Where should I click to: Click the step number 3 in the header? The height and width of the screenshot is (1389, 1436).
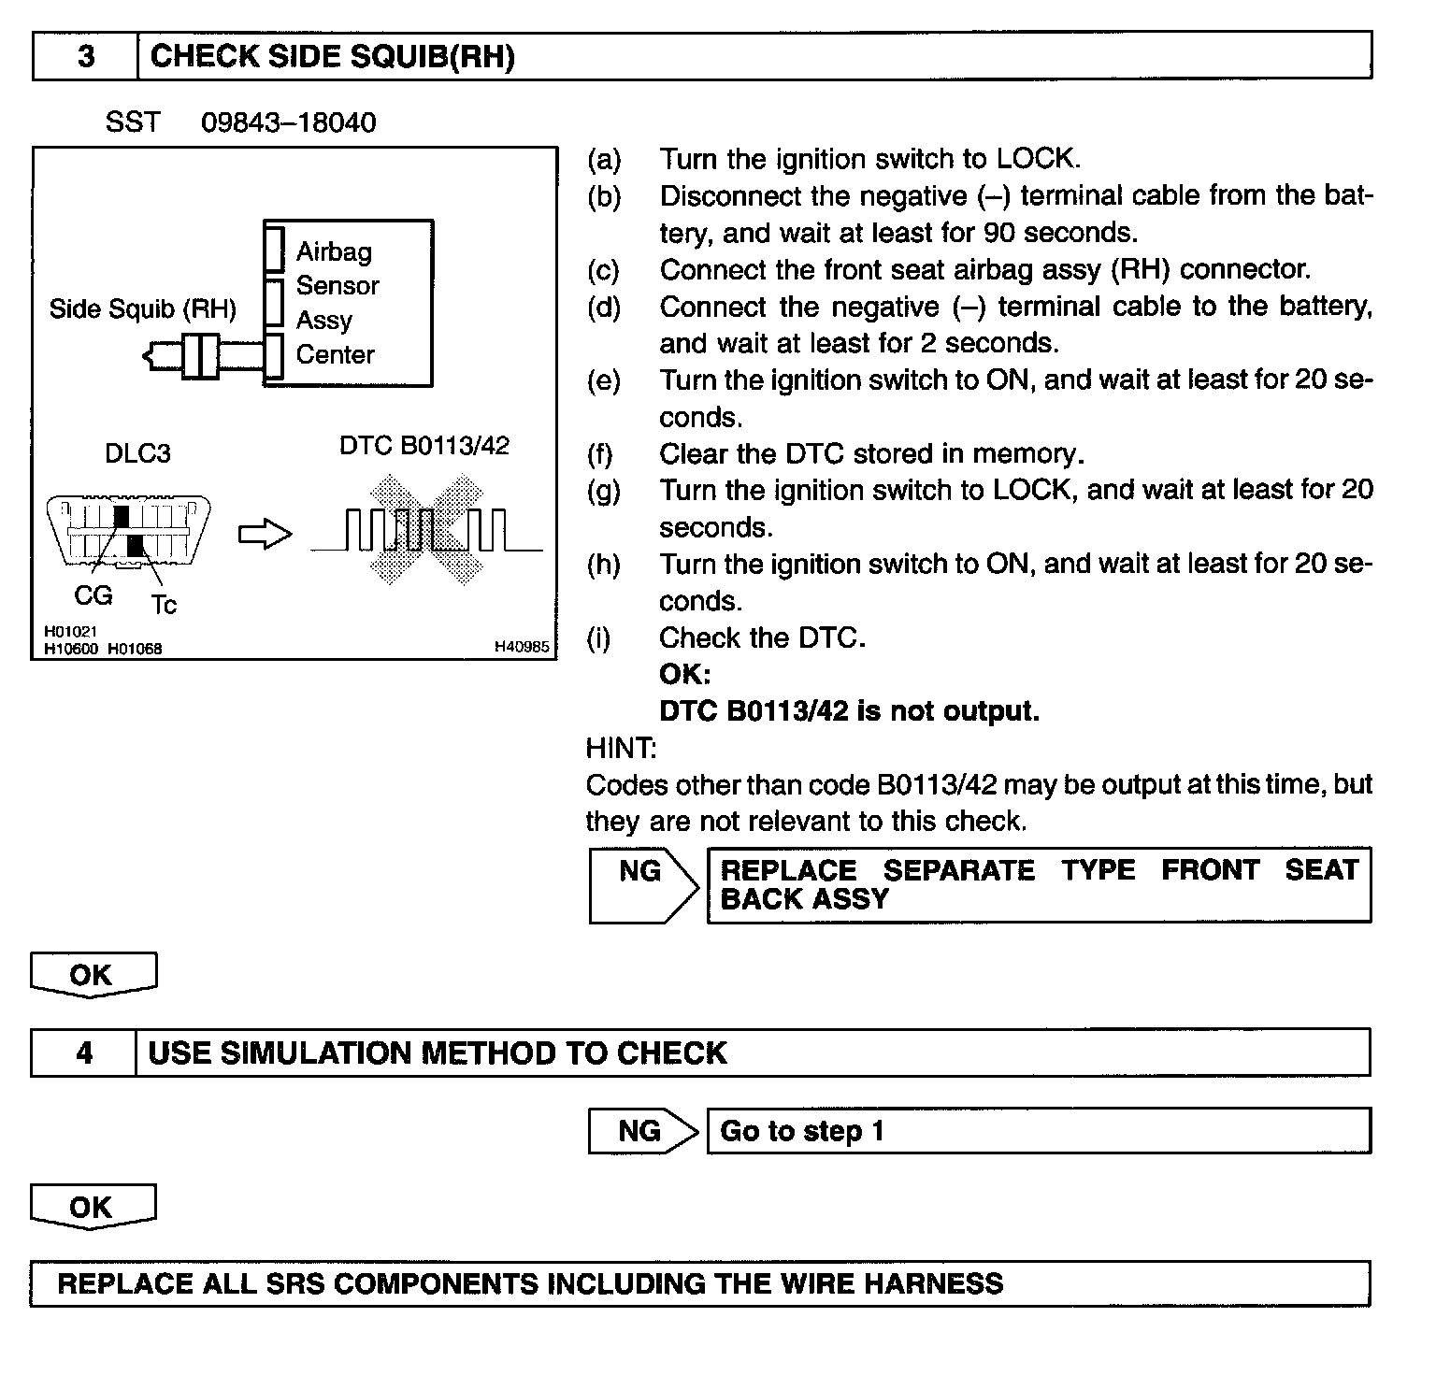pyautogui.click(x=86, y=57)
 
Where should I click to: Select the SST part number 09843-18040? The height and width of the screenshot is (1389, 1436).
pyautogui.click(x=289, y=122)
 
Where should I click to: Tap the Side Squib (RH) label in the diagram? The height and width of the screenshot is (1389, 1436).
pyautogui.click(x=142, y=308)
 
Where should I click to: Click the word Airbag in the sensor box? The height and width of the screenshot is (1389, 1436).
pyautogui.click(x=334, y=251)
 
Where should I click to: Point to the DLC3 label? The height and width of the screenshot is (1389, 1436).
pyautogui.click(x=137, y=453)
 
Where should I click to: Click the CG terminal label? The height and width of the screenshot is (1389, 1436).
pyautogui.click(x=93, y=594)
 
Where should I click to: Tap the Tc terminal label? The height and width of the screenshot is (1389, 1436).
pyautogui.click(x=164, y=606)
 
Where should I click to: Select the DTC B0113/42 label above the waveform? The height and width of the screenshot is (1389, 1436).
pyautogui.click(x=424, y=446)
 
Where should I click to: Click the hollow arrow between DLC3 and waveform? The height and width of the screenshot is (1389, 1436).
pyautogui.click(x=266, y=534)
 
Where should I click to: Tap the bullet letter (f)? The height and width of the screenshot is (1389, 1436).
pyautogui.click(x=599, y=454)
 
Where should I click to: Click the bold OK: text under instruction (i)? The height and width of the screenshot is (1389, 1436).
pyautogui.click(x=684, y=674)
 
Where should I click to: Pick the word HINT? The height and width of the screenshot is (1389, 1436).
pyautogui.click(x=621, y=748)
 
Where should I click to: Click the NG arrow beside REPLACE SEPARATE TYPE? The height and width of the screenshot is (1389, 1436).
pyautogui.click(x=643, y=884)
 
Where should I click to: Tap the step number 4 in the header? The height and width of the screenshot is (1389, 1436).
pyautogui.click(x=84, y=1053)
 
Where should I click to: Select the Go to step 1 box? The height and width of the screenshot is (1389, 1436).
pyautogui.click(x=1038, y=1131)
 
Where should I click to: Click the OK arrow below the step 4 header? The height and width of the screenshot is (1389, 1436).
pyautogui.click(x=93, y=1207)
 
